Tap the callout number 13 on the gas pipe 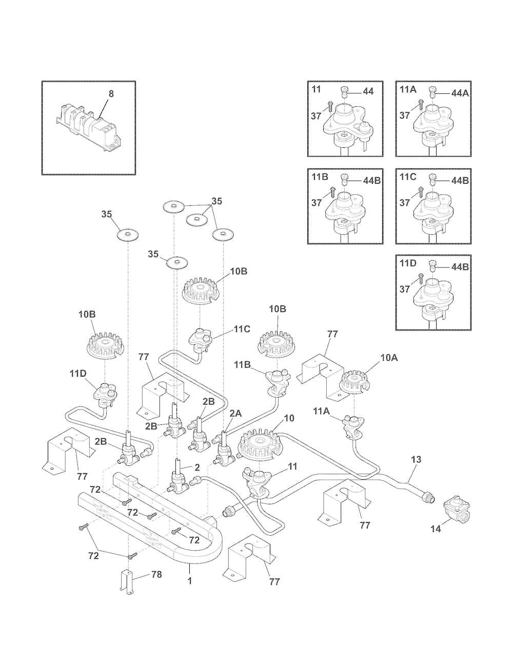[416, 459]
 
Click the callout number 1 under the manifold [190, 581]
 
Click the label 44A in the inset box [461, 93]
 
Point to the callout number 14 [435, 529]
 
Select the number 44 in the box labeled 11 [368, 91]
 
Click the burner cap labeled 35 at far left [126, 236]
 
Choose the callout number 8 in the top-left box [111, 94]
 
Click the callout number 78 [156, 574]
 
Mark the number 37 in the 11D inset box [405, 289]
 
